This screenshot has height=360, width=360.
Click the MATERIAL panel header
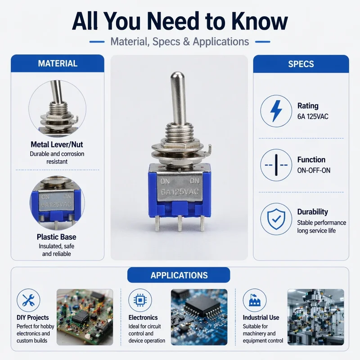pos(58,63)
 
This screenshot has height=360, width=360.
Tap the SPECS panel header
pos(301,64)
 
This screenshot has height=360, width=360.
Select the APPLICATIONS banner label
pos(179,275)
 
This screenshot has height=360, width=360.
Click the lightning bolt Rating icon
pos(276,111)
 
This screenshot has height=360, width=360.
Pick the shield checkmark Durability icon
pos(276,219)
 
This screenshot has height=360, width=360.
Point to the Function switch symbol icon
pos(276,165)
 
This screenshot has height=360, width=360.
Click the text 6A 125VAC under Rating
pos(313,117)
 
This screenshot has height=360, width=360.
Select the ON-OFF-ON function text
pos(314,171)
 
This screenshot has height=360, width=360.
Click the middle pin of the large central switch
pos(180,223)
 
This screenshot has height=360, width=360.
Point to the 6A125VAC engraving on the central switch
pos(180,192)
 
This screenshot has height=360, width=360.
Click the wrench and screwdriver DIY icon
pos(28,300)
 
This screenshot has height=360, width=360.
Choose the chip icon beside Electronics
pos(140,300)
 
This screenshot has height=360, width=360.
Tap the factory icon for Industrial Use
pos(255,300)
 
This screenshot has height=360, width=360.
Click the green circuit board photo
pos(85,317)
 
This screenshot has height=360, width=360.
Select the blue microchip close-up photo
pos(199,317)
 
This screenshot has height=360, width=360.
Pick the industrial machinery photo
pos(316,317)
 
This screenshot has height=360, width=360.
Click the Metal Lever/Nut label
pos(57,144)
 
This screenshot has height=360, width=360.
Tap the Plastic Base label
pos(57,237)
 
